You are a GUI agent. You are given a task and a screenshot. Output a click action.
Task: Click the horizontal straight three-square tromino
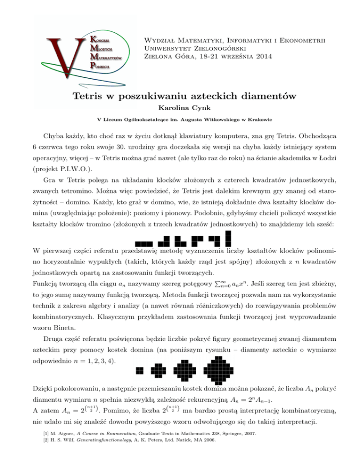(142, 243)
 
